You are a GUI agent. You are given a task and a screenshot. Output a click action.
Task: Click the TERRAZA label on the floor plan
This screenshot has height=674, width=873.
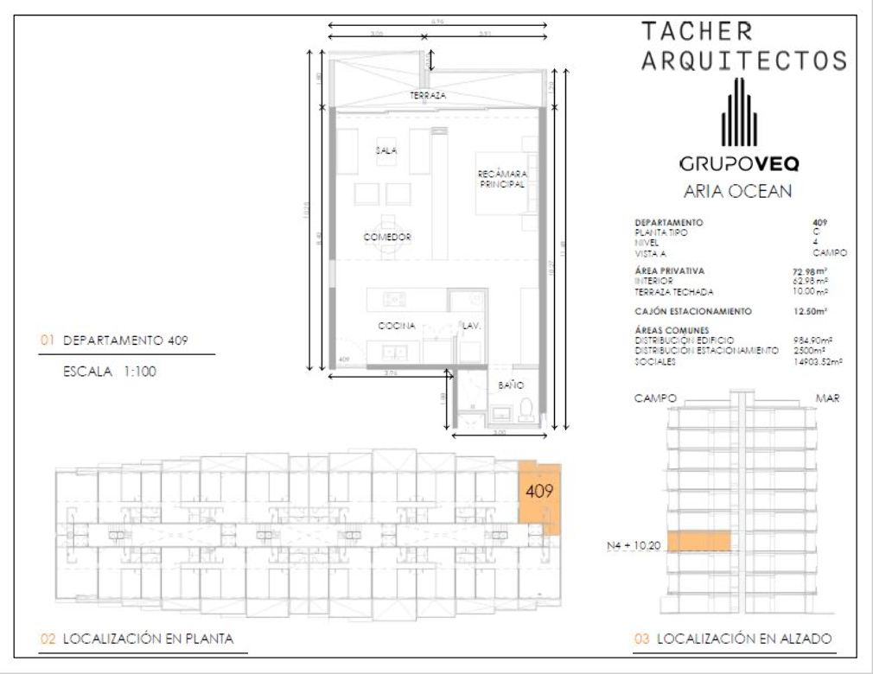[429, 96]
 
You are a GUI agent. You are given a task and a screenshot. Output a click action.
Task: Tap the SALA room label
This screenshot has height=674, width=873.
[386, 150]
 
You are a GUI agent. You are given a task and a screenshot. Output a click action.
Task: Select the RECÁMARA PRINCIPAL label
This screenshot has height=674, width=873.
[502, 179]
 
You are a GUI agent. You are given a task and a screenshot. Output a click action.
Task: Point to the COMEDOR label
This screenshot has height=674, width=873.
[386, 237]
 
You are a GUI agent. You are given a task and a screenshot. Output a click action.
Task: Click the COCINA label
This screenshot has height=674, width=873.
[397, 326]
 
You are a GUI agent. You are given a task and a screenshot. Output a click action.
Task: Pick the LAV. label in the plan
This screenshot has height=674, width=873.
[470, 327]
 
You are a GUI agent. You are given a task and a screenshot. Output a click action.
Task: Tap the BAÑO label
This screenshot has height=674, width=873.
[510, 385]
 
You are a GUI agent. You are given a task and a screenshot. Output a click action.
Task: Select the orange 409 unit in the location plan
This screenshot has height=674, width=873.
[538, 493]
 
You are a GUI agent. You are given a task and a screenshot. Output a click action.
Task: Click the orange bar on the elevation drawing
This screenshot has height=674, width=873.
[699, 541]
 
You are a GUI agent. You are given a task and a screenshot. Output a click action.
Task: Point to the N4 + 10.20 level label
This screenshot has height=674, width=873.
[634, 546]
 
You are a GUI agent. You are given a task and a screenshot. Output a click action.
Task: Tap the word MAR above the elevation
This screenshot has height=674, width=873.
[827, 398]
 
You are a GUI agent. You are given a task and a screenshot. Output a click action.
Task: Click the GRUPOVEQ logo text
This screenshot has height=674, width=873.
[739, 163]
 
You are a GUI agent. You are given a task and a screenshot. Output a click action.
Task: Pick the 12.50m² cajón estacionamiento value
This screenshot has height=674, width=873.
[811, 310]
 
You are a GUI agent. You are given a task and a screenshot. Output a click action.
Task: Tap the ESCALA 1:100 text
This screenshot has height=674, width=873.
[109, 373]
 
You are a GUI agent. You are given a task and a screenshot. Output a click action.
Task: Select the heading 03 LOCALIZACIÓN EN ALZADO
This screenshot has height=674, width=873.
[733, 639]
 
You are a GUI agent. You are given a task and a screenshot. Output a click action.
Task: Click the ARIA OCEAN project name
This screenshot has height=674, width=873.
[737, 192]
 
